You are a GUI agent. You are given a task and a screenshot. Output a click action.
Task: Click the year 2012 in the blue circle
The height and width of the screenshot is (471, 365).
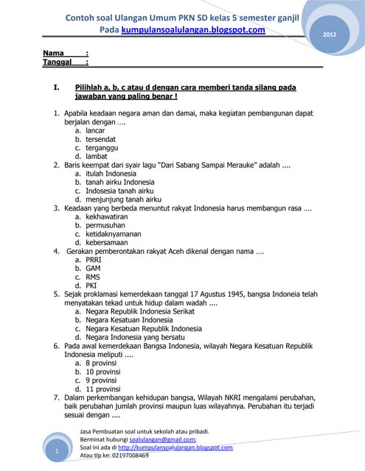[x=330, y=35]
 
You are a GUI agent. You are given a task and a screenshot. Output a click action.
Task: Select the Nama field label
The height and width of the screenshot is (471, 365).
[x=53, y=53]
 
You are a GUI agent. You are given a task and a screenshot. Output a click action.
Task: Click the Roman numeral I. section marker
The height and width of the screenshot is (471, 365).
[x=56, y=87]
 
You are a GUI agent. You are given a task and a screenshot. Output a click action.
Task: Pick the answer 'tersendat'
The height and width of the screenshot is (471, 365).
[x=101, y=139]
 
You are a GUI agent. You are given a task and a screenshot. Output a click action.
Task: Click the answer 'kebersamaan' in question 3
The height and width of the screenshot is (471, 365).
[x=107, y=242]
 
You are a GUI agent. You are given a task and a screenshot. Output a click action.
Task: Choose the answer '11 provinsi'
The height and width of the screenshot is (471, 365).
[x=103, y=389]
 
